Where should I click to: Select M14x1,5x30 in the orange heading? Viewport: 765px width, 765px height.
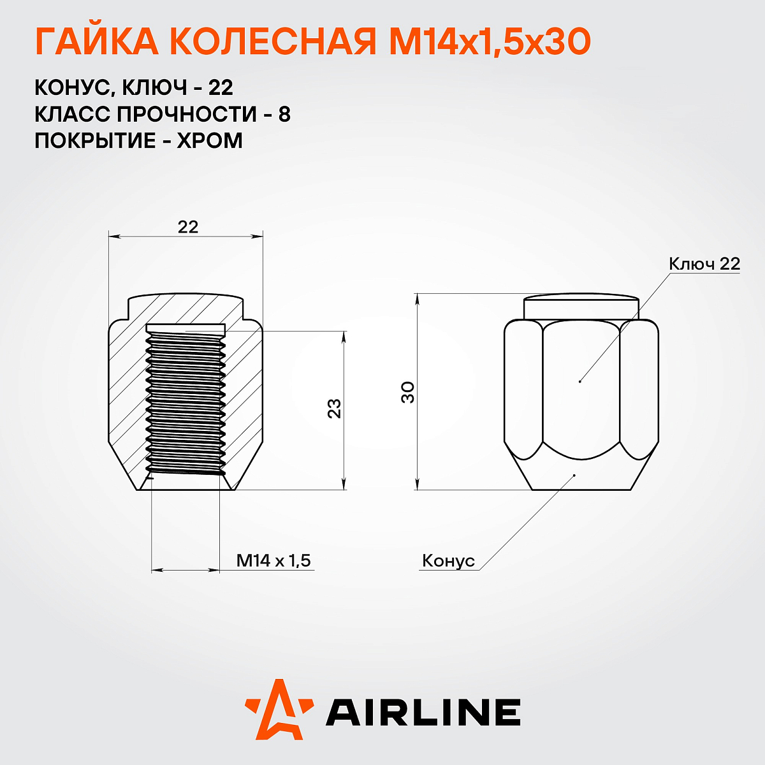pyautogui.click(x=490, y=43)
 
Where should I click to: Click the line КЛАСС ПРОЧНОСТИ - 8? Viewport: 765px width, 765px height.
pyautogui.click(x=163, y=114)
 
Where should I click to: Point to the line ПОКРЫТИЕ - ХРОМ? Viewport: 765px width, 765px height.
pyautogui.click(x=139, y=141)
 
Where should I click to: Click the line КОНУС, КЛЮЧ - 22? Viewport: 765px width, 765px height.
pyautogui.click(x=134, y=87)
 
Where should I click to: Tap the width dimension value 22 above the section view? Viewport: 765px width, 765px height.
pyautogui.click(x=188, y=227)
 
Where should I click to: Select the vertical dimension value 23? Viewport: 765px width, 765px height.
pyautogui.click(x=335, y=408)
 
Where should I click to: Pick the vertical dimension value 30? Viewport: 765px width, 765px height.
pyautogui.click(x=408, y=391)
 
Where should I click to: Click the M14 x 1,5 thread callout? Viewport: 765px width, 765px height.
pyautogui.click(x=273, y=561)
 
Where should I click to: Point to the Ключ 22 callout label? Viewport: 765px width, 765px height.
pyautogui.click(x=704, y=264)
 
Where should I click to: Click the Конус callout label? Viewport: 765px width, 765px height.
pyautogui.click(x=449, y=561)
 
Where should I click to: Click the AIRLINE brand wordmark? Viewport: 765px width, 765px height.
pyautogui.click(x=423, y=712)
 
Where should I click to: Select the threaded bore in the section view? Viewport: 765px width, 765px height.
pyautogui.click(x=186, y=402)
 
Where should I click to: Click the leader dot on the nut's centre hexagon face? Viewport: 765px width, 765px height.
pyautogui.click(x=580, y=381)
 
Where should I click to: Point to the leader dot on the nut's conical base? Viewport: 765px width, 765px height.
pyautogui.click(x=574, y=475)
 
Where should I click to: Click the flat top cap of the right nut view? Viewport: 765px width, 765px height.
pyautogui.click(x=581, y=307)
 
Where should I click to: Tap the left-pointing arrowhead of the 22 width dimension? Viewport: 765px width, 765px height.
pyautogui.click(x=113, y=237)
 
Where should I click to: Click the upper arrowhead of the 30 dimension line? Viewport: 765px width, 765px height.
pyautogui.click(x=417, y=298)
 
